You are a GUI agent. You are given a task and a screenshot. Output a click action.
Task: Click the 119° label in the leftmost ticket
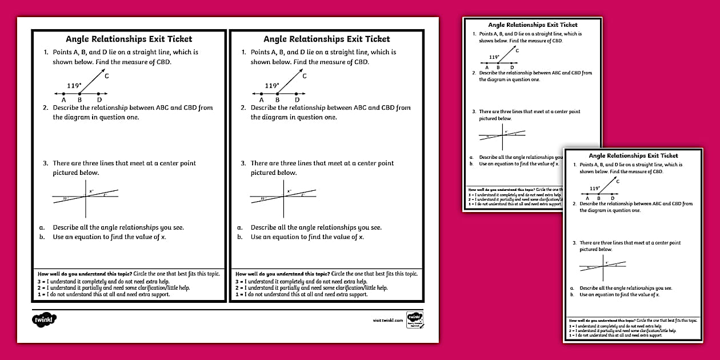click(74, 86)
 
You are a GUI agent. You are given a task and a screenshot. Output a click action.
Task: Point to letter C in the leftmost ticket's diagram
click(107, 75)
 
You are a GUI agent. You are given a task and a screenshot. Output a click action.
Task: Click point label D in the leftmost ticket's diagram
click(99, 100)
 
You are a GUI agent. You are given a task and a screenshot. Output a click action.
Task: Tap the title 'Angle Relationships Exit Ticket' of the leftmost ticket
click(129, 39)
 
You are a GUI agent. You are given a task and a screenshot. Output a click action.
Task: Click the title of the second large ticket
click(326, 39)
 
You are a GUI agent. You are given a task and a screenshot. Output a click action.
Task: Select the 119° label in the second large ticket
click(271, 86)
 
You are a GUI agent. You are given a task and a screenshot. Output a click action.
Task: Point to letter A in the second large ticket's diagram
click(262, 100)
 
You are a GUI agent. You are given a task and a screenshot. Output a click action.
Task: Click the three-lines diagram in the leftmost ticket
click(86, 196)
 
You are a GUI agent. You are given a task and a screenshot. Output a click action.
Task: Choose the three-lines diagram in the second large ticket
click(283, 196)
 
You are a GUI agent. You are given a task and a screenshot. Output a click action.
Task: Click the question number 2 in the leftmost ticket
click(45, 107)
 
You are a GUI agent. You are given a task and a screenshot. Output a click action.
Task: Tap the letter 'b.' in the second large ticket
click(240, 237)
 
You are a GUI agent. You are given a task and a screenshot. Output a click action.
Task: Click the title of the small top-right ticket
click(533, 25)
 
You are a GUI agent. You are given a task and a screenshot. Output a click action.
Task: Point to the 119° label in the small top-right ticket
click(494, 57)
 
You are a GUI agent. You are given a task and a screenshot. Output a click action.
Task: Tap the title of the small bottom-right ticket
click(633, 155)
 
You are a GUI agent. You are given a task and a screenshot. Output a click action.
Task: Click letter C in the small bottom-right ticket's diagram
click(618, 182)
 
